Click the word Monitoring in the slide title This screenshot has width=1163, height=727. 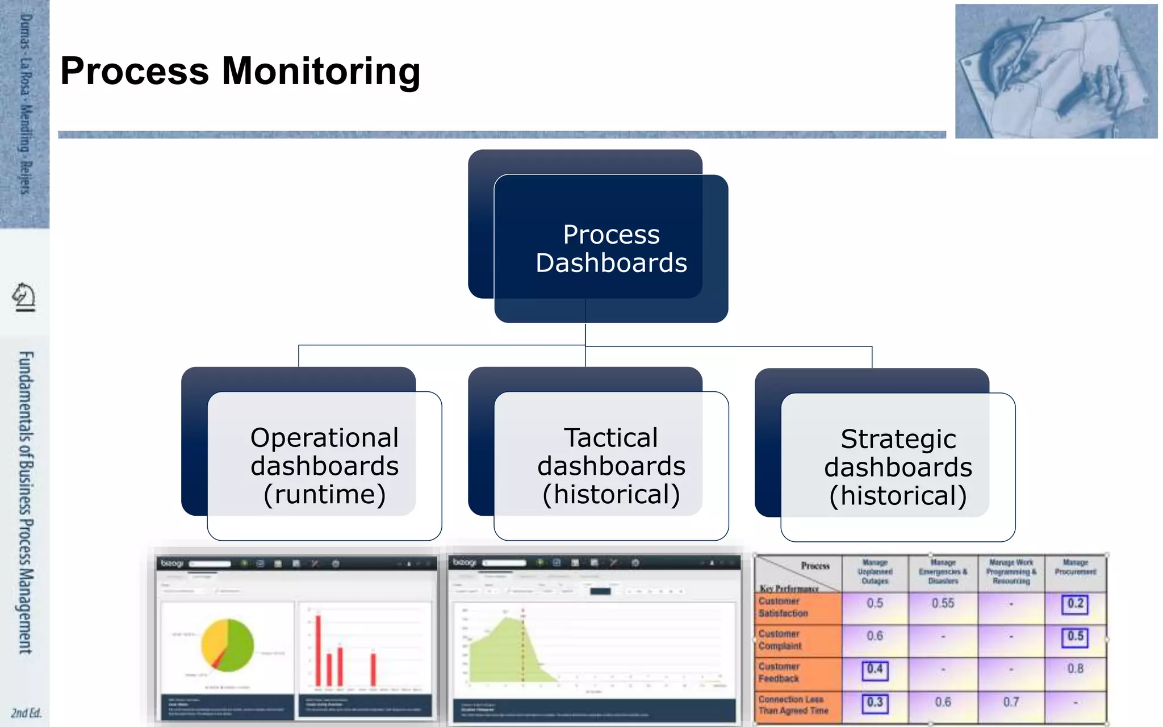321,72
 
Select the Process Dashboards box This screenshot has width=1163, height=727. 611,249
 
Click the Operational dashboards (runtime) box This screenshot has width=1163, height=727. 324,466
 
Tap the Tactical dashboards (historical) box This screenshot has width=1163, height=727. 611,466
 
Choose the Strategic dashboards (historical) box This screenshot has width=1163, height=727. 898,467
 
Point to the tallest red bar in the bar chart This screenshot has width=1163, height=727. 319,650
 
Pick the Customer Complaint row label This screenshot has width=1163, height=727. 780,640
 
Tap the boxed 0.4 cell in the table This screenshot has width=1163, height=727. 875,670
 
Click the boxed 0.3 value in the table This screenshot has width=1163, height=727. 875,703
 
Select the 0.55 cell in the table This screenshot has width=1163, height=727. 943,603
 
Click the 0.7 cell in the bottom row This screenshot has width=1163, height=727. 1011,703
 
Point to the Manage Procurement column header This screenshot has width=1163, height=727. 1075,567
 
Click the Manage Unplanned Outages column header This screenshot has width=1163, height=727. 875,572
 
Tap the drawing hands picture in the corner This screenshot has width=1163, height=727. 1056,71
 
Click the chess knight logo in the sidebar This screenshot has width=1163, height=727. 24,296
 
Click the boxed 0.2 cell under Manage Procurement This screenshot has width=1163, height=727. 1075,604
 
